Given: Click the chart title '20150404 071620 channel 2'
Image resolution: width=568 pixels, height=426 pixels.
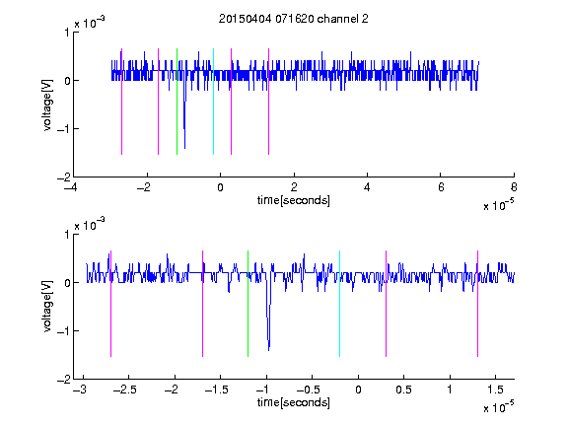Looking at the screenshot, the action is [294, 19].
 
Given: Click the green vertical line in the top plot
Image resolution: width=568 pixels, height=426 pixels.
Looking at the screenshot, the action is [177, 102].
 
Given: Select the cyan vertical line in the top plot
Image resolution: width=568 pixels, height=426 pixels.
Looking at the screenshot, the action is [213, 102].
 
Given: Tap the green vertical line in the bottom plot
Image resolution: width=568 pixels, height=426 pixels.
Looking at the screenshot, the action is [248, 304].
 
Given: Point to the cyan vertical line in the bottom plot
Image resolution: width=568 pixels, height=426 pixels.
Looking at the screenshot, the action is [339, 304].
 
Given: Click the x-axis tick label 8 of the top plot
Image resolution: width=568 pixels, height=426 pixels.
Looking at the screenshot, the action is [514, 187].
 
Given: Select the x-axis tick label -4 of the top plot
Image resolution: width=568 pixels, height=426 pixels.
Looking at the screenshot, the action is [71, 187].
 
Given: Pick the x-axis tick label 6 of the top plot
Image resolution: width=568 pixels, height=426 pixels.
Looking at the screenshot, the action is [441, 187].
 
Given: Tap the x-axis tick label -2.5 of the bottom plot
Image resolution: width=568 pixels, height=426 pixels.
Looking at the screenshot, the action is [124, 390].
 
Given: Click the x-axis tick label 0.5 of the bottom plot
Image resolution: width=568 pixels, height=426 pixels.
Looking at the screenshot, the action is [403, 390].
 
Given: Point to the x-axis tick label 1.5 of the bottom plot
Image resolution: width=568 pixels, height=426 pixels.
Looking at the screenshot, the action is [495, 390].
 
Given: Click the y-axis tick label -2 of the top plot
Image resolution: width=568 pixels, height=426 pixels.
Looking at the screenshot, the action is [63, 177].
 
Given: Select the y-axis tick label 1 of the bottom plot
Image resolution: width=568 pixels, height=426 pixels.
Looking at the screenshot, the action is [67, 235].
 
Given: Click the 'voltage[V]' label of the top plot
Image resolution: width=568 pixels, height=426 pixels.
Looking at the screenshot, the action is [47, 105].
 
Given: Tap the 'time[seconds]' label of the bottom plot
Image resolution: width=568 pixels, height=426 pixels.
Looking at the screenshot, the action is [294, 402].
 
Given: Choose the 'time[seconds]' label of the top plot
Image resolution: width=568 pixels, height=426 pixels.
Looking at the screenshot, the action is [294, 200].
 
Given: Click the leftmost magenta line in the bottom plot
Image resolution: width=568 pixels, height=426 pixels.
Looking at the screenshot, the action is [110, 304].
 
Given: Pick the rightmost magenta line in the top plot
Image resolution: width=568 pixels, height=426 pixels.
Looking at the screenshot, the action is [268, 102].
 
